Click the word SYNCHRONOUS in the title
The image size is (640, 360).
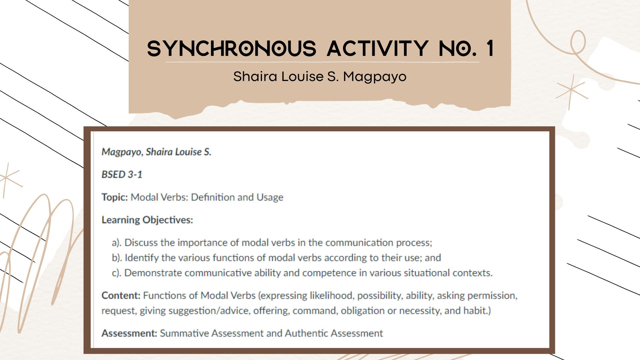231,48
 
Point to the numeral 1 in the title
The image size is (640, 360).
490,48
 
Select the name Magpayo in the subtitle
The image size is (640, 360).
375,77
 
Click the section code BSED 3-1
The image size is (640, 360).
122,175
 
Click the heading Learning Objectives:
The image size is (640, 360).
147,220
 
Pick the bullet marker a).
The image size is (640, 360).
117,243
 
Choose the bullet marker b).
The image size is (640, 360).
117,258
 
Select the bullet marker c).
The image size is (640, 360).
117,273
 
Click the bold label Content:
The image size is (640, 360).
121,296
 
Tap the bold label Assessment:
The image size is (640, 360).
129,333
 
